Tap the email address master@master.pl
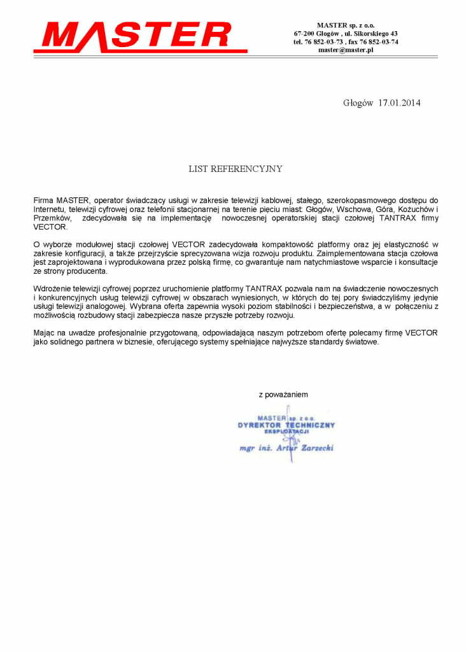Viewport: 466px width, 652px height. coord(346,50)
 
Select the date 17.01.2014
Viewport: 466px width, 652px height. coord(399,103)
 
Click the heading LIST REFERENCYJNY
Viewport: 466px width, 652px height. coord(235,169)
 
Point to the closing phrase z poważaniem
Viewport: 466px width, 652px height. coord(283,395)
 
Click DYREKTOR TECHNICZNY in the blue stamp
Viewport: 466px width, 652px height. coord(286,425)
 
